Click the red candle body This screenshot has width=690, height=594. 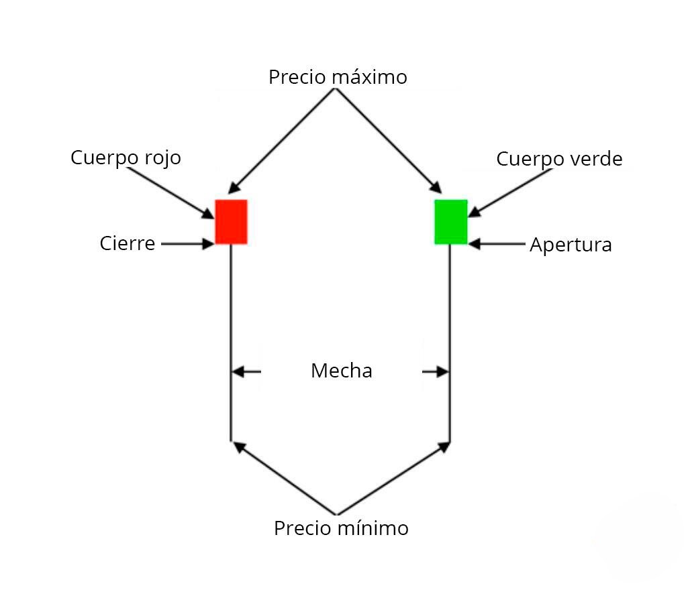click(x=231, y=222)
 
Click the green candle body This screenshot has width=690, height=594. click(x=451, y=222)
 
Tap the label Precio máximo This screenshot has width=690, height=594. click(x=338, y=77)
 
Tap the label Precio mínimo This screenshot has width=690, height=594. click(x=341, y=528)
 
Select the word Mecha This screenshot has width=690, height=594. click(x=342, y=371)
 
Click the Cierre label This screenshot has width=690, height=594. click(x=127, y=243)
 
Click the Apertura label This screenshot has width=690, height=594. click(x=571, y=245)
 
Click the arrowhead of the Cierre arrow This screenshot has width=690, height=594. click(x=209, y=243)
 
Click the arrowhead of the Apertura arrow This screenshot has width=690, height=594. click(x=474, y=243)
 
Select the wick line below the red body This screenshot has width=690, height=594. click(x=231, y=343)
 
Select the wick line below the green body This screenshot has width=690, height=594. click(x=450, y=343)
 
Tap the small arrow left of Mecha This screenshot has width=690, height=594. click(x=246, y=372)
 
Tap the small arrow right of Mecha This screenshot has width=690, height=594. click(x=435, y=372)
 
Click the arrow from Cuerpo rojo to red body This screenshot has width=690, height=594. click(x=170, y=193)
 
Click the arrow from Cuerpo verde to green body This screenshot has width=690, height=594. click(x=510, y=193)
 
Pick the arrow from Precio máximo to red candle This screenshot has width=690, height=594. click(x=281, y=141)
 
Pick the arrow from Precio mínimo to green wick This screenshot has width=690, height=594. click(x=393, y=479)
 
